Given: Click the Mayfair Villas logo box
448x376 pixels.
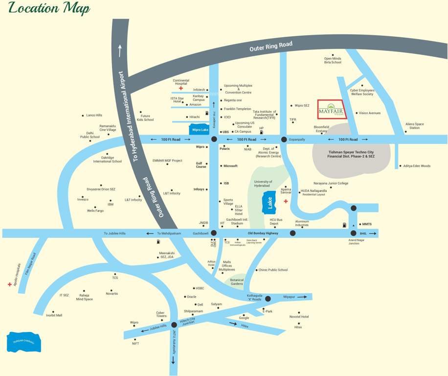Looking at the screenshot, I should click(x=331, y=112).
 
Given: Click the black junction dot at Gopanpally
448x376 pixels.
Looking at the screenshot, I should click(x=284, y=140).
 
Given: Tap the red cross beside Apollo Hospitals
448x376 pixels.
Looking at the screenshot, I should click(x=9, y=284).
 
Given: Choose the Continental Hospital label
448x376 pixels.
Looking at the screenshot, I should click(x=181, y=82).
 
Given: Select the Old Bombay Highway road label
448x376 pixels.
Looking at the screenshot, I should click(x=263, y=234).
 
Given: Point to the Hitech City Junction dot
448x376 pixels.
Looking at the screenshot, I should click(x=174, y=324).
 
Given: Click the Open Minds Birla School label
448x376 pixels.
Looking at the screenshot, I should click(x=333, y=60).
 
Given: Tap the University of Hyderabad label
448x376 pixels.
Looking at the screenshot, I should click(x=263, y=184).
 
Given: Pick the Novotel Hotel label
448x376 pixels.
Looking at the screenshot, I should click(x=299, y=317).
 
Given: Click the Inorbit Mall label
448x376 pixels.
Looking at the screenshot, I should click(x=54, y=315).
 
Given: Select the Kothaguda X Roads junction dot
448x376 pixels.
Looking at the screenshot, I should click(x=268, y=298).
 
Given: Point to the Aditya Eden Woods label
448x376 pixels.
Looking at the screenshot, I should click(x=417, y=166).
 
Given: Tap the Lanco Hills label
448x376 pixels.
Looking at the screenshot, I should click(x=94, y=116).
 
